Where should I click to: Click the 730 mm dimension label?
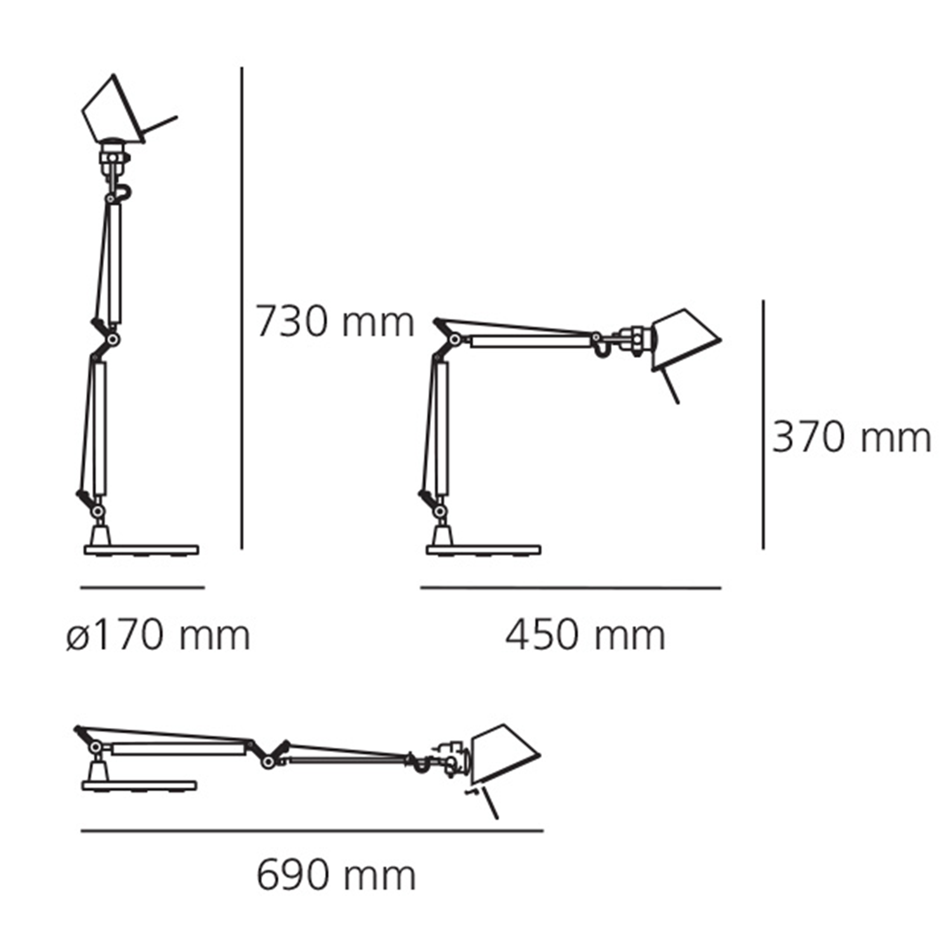coord(334,322)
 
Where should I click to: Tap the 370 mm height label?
coord(851,438)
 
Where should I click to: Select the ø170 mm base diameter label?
coord(158,635)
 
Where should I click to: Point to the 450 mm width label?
coord(585,635)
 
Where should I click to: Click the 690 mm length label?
coord(336,876)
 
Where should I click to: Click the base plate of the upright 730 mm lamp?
coord(142,550)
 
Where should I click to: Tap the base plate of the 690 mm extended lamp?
coord(138,786)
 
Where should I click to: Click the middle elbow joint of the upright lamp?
coord(113,340)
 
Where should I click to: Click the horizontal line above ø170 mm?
coord(142,588)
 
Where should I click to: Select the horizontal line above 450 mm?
coord(570,588)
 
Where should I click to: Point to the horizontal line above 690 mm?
coord(312,830)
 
